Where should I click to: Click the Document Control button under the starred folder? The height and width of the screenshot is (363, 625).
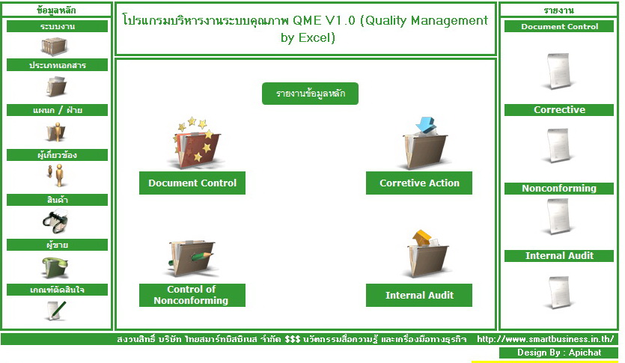192,183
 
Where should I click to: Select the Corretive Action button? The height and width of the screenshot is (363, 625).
419,183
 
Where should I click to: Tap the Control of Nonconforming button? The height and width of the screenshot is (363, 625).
192,295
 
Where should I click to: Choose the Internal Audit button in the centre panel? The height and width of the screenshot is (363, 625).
419,295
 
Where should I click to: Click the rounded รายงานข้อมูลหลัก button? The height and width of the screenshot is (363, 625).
310,94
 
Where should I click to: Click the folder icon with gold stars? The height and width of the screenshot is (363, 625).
196,143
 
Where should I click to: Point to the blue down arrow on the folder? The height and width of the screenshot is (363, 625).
425,125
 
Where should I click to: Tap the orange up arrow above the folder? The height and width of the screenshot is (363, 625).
421,237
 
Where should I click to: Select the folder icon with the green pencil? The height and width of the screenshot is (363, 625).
192,257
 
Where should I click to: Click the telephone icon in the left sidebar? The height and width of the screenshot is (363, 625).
56,267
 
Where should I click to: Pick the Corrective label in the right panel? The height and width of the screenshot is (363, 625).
559,110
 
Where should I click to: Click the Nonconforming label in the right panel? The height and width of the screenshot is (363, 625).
559,188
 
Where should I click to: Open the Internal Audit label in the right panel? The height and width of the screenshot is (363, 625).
559,256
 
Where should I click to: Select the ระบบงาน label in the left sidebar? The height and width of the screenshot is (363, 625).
58,26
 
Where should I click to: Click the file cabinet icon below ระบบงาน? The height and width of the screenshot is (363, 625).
55,46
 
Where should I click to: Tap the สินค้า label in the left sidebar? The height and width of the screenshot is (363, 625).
58,200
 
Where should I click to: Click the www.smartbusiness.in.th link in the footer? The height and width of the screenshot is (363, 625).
545,339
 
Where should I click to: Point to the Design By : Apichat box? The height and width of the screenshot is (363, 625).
559,353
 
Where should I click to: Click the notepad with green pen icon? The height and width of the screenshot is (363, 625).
56,311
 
